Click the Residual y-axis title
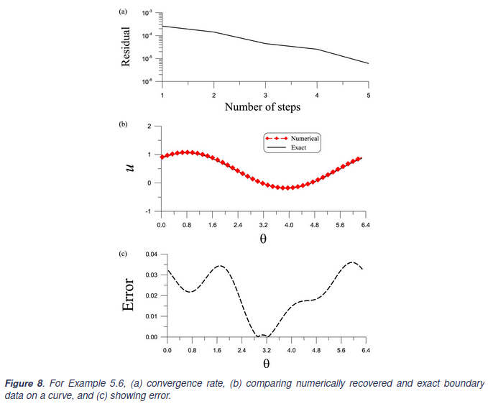126,47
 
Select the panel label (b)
123,124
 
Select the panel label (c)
123,254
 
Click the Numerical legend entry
305,137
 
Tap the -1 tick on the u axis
149,211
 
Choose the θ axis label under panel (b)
263,238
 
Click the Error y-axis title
129,295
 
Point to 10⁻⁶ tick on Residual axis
147,82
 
